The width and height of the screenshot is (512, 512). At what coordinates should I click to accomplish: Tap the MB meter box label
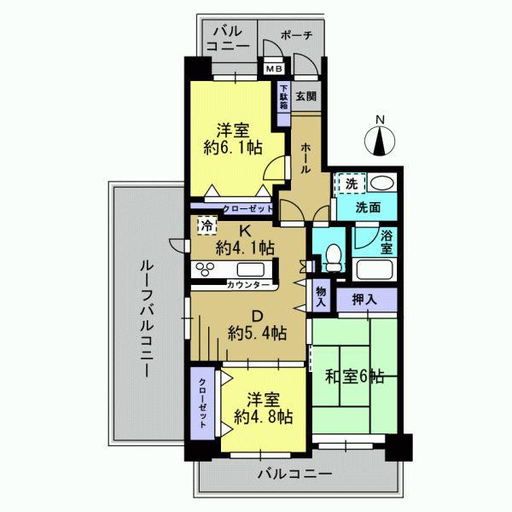tap(274, 68)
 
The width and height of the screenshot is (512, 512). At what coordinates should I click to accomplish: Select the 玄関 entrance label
tap(305, 96)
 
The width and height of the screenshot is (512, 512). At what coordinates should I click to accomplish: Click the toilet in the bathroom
tap(333, 253)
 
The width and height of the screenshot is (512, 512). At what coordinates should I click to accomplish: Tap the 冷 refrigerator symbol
tap(207, 226)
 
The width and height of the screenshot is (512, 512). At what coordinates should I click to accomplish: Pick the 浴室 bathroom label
tap(386, 243)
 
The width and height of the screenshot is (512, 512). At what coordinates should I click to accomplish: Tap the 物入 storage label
tap(322, 295)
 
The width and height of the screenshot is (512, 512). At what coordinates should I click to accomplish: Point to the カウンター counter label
tap(250, 284)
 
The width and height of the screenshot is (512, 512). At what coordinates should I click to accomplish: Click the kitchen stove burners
tap(208, 270)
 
